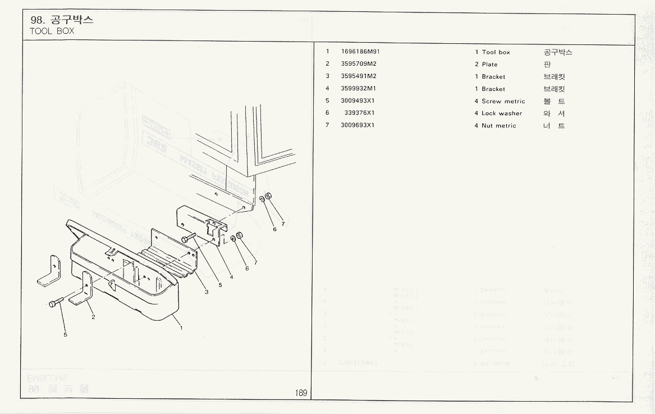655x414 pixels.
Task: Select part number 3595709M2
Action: point(359,64)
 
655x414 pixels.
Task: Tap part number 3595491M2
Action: point(359,76)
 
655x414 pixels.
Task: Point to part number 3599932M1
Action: point(359,88)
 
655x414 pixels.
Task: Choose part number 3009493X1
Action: point(358,101)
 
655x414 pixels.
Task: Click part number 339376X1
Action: point(360,113)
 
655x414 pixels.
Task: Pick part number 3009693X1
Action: point(358,125)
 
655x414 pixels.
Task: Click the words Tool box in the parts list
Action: point(496,52)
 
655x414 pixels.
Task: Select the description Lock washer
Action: point(502,113)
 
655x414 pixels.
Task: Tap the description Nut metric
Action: point(498,126)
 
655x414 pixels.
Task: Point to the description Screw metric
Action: point(503,102)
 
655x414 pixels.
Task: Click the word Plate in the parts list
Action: point(489,65)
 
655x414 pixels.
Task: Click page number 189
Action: point(301,393)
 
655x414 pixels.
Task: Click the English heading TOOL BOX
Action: point(52,31)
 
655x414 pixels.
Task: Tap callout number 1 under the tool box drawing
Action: point(181,327)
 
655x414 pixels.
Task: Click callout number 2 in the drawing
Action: point(93,317)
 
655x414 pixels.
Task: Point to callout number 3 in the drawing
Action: point(206,292)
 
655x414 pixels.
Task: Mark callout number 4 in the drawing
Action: point(231,277)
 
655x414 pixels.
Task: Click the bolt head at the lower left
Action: point(52,304)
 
